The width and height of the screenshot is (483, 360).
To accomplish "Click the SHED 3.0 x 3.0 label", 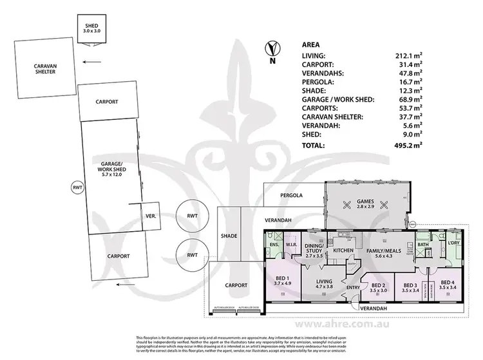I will (88, 26).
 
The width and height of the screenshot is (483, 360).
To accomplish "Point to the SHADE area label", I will (229, 236).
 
